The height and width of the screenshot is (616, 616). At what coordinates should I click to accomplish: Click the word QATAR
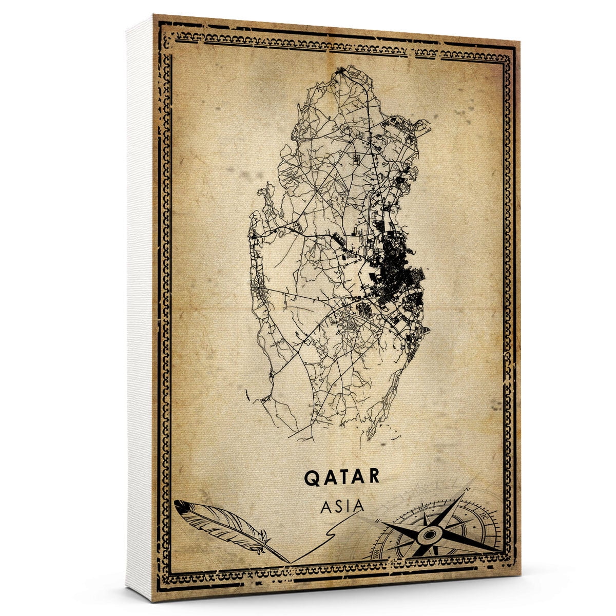coord(342,476)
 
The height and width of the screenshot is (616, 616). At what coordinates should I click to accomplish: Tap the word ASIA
coord(342,506)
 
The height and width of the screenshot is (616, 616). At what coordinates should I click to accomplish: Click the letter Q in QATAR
coord(312,476)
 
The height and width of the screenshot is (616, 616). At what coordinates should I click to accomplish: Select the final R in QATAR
coord(374,476)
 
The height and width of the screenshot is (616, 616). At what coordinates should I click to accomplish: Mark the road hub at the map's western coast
coord(254,236)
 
